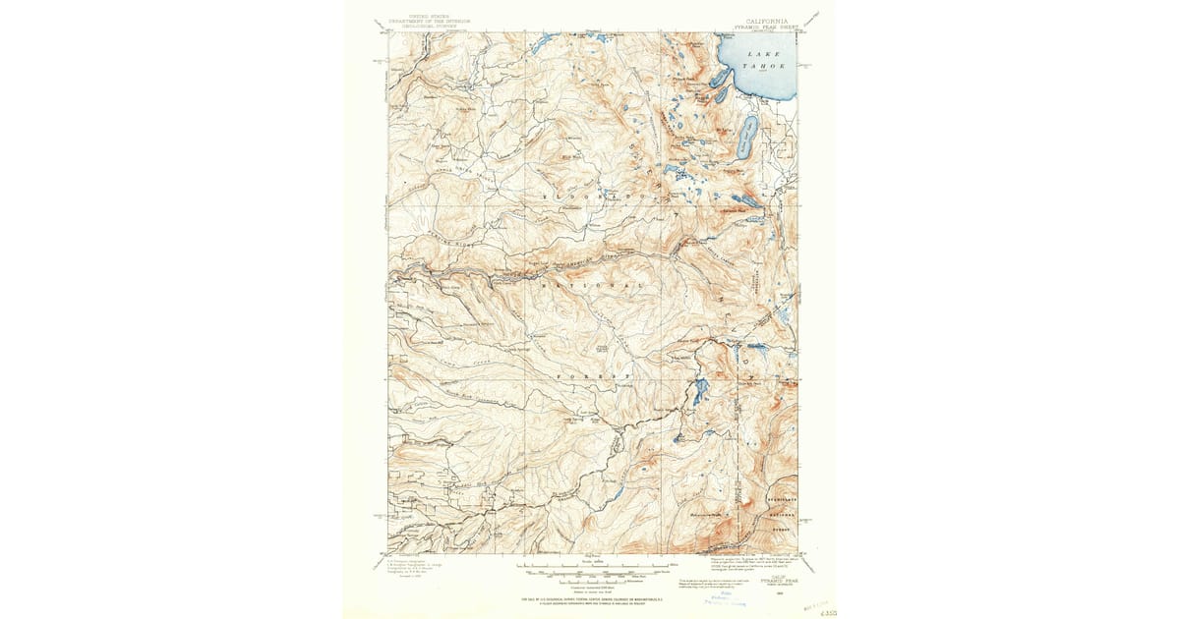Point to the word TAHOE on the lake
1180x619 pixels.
pos(765,65)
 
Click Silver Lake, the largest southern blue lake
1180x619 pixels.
pos(699,392)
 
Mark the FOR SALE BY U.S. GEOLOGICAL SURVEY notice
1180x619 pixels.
pos(590,597)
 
